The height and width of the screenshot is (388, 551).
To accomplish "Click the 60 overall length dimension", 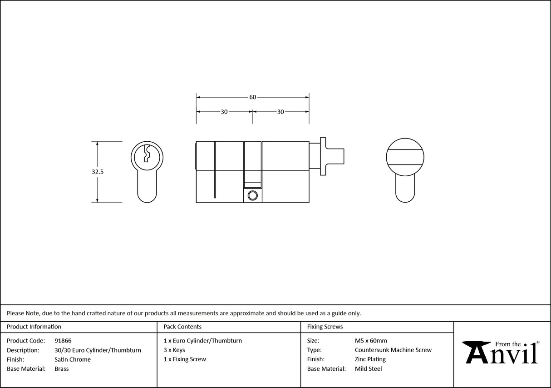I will point(252,97).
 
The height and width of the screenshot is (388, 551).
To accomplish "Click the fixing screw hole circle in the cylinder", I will point(252,195).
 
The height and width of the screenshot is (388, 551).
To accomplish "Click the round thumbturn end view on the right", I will point(405,157).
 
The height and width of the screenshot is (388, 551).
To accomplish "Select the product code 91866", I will point(63,341).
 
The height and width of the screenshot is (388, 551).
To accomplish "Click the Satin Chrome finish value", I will point(72,359).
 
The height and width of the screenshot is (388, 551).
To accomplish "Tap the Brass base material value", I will point(61,369).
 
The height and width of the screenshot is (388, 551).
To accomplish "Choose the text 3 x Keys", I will point(174,350).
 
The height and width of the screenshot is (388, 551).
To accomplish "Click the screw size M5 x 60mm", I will point(371,341).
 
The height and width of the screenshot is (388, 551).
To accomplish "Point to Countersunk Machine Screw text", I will point(393,350).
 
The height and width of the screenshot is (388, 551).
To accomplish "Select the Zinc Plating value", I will point(370,359).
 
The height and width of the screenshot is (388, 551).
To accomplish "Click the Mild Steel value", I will point(368,369).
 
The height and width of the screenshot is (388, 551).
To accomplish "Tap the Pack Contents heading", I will point(182,327).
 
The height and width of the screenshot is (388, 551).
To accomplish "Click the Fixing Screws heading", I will point(325,327).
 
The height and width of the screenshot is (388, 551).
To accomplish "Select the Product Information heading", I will point(34,327).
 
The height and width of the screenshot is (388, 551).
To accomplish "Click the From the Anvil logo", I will point(502,353).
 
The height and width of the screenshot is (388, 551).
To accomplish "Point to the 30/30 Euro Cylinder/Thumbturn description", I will point(98,350).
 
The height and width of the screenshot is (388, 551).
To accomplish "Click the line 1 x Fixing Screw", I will point(185,359).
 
